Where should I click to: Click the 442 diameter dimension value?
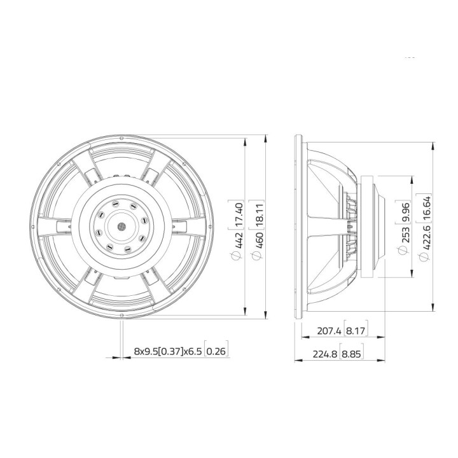[x=240, y=239]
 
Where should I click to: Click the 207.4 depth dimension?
[x=330, y=331]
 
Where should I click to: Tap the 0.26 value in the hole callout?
[x=216, y=351]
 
